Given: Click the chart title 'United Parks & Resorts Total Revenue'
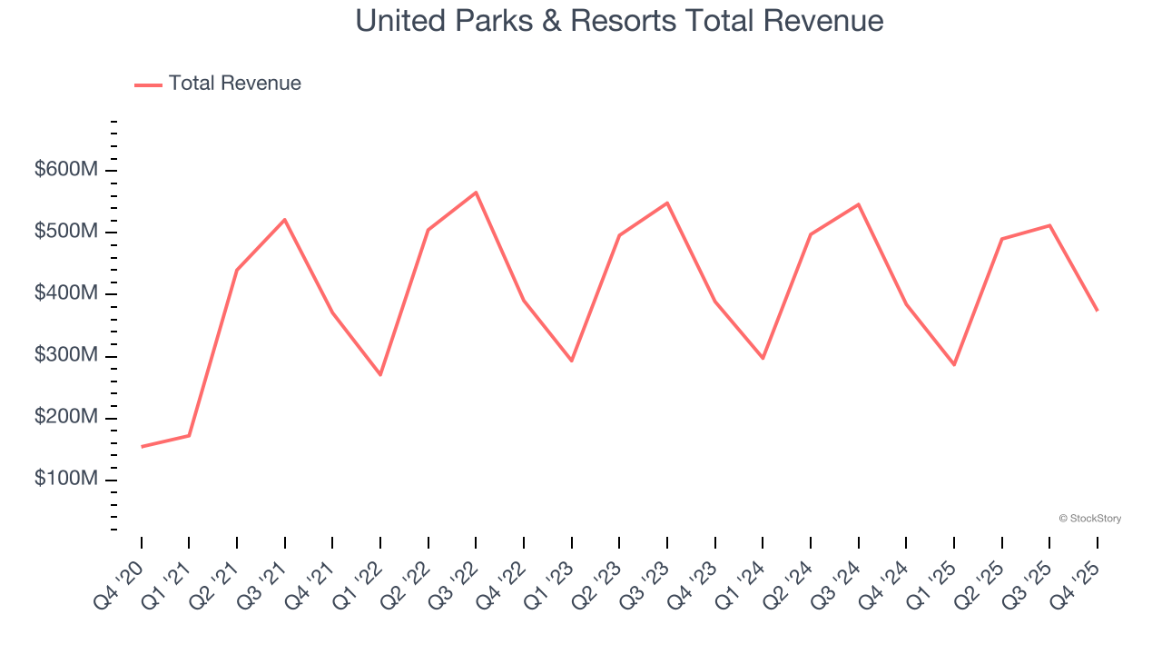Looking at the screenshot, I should [619, 20].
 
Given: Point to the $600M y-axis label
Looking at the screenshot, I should [66, 170].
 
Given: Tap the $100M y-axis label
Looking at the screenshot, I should [66, 479].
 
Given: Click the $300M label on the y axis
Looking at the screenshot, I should [66, 355].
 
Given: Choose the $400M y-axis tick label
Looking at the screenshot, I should [66, 293].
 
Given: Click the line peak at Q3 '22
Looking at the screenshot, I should [476, 193].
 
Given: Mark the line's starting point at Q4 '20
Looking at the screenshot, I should [142, 447].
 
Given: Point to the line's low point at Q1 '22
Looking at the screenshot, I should [380, 375].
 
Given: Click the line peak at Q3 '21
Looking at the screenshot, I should [285, 220].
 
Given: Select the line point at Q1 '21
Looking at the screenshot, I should [189, 436].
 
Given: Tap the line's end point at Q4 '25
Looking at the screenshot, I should [1098, 311].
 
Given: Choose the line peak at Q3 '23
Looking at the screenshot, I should [667, 203].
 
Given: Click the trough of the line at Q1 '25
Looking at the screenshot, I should [954, 365].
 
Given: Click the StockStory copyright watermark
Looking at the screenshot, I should [1089, 519].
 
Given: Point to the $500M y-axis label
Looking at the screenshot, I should [66, 232].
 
